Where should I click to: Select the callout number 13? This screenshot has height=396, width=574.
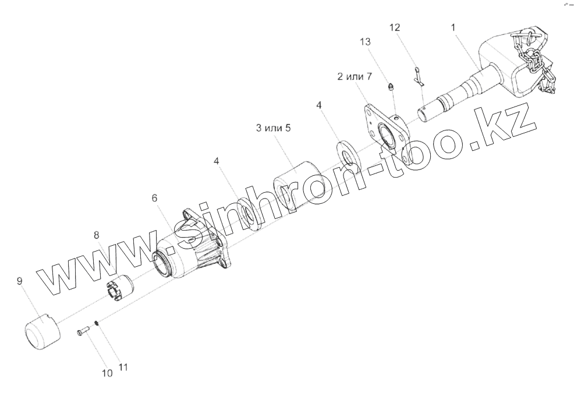coord(365,42)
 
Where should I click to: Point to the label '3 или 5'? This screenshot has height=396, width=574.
coord(273,128)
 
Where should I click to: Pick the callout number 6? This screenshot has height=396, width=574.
coord(154,198)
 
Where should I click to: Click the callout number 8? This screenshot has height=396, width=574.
coord(97,235)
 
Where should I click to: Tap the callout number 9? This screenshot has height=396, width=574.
coord(20,281)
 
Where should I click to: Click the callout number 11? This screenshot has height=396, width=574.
coord(123,367)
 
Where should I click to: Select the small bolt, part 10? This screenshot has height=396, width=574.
coord(83,332)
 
